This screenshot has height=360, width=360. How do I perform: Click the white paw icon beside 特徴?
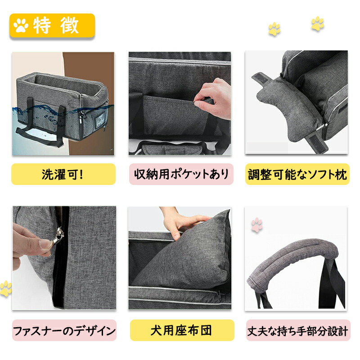21,25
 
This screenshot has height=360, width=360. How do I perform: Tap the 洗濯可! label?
63,174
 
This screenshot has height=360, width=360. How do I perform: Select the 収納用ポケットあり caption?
181,174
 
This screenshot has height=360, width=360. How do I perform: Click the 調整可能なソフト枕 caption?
297,174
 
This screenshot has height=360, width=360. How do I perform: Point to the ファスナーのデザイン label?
64,331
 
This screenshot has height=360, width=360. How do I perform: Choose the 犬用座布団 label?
181,330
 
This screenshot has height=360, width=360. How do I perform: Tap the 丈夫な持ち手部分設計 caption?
298,331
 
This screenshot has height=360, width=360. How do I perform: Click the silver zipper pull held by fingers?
58,236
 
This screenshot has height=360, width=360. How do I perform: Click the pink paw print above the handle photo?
256,225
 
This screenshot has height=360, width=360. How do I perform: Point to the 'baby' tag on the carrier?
100,118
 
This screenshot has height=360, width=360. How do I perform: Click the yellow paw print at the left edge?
5,288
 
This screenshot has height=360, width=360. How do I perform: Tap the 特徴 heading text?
56,26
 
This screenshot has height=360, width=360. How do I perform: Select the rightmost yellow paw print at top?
318,23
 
